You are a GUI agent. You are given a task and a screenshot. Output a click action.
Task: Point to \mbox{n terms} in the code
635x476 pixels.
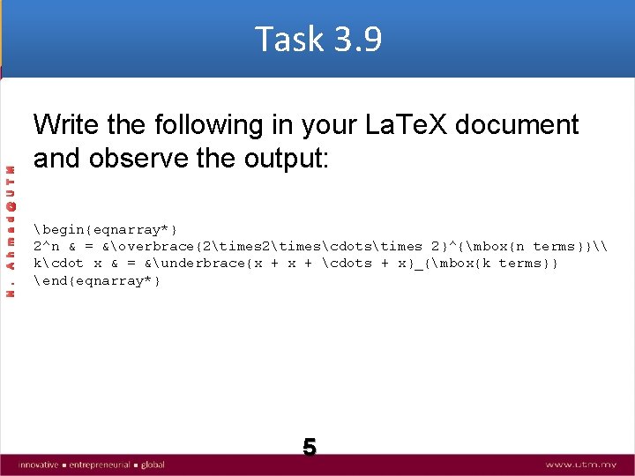pos(519,246)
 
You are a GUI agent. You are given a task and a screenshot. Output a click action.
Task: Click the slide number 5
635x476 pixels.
pos(310,447)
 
